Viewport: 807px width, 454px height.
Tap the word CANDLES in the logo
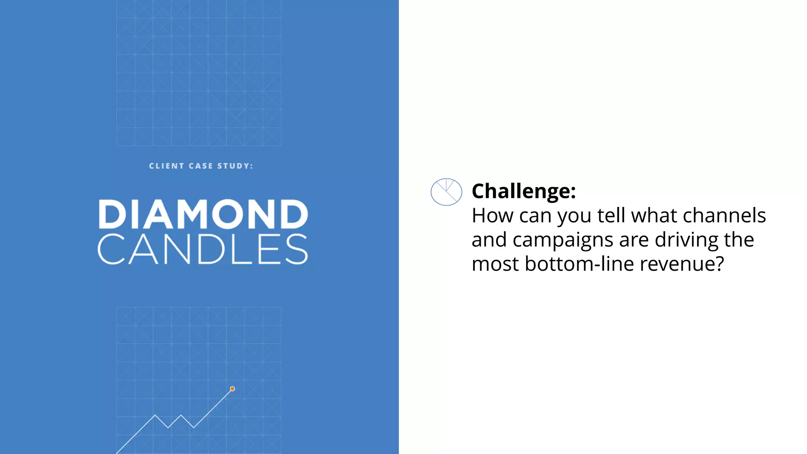click(203, 249)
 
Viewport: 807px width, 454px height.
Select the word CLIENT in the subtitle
click(166, 166)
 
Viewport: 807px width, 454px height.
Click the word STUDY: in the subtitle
click(235, 166)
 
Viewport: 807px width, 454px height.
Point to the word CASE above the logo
click(201, 166)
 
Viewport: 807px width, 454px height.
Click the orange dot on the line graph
click(232, 389)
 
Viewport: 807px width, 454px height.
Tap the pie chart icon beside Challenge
click(446, 192)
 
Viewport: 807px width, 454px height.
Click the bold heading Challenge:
click(524, 191)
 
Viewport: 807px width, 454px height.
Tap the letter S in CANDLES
click(296, 249)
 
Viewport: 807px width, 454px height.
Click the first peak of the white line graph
click(155, 415)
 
